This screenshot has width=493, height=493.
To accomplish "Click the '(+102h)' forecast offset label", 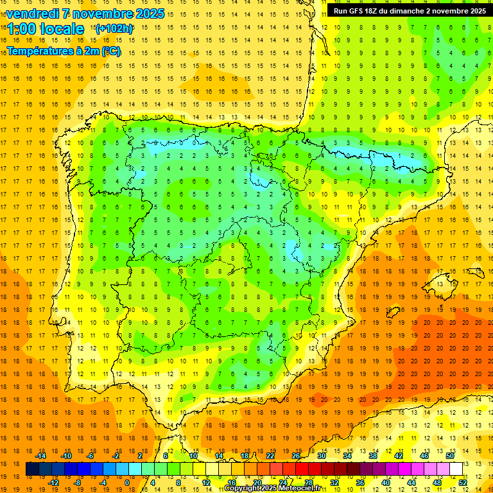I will (x=114, y=28).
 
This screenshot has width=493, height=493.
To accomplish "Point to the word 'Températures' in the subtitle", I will (x=39, y=51).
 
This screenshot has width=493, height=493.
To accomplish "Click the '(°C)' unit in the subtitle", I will (x=110, y=51).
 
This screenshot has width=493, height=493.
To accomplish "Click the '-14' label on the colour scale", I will (x=40, y=456).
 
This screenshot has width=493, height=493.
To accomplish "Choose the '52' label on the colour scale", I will (x=463, y=482).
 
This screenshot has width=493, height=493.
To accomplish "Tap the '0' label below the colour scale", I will (x=127, y=482).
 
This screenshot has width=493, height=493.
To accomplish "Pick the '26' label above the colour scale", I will (x=295, y=456).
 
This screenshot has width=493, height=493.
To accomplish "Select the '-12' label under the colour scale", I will (x=53, y=482).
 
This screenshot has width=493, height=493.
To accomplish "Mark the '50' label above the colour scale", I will (x=449, y=456).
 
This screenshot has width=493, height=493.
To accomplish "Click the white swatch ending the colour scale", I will (x=456, y=469).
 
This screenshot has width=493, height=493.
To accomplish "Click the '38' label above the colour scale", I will (x=372, y=456).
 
